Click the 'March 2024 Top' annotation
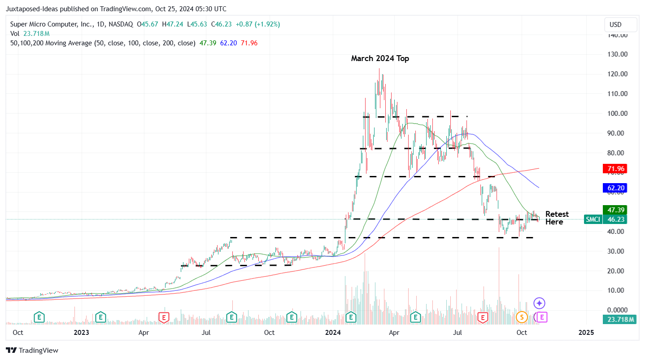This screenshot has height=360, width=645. coord(380,58)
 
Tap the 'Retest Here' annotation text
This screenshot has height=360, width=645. coord(557,218)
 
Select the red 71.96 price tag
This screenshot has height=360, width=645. coord(615,169)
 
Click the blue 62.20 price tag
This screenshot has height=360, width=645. coord(615,188)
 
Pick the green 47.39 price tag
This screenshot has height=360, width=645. coord(615,210)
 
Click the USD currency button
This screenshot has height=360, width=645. coord(620,24)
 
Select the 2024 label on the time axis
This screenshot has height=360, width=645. coord(333,333)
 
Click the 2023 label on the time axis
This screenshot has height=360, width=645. coord(81,333)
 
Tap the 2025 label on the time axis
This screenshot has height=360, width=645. coord(586,333)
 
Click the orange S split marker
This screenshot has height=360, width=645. coord(521,317)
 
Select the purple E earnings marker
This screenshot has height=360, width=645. coord(542,317)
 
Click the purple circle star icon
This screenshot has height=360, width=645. coord(539,303)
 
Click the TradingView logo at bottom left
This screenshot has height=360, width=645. coord(32,350)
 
